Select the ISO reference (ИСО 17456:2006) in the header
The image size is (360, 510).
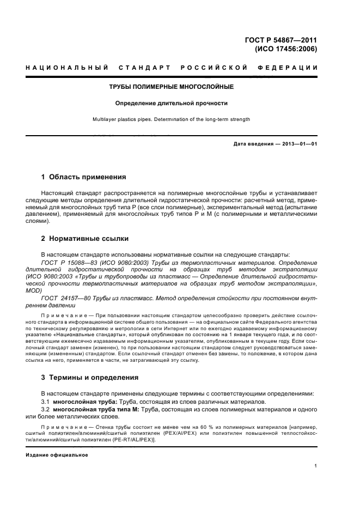point(286,48)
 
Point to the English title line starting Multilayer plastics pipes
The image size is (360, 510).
point(172,119)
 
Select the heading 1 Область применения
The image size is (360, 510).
point(84,177)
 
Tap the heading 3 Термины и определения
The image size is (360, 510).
point(90,377)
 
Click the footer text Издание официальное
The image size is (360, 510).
point(57,454)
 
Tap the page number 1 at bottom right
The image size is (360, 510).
point(315,465)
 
